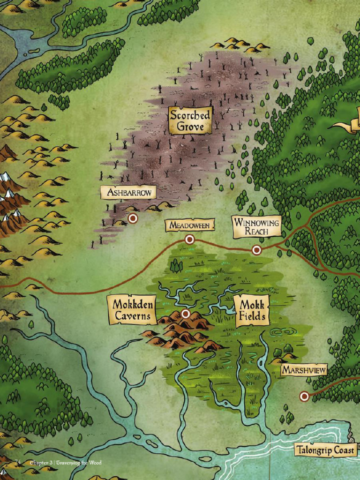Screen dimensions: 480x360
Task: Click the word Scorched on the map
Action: (190, 114)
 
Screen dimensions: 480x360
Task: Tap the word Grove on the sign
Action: (190, 127)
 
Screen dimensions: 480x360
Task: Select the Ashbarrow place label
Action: (128, 192)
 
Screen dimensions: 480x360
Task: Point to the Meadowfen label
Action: (189, 225)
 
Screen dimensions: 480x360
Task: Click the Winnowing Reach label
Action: (257, 226)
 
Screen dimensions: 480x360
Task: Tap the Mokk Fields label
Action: (252, 310)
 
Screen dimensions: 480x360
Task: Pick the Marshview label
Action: (304, 370)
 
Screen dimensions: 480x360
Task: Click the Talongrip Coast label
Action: (325, 450)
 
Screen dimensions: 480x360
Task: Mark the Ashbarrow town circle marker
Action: (133, 218)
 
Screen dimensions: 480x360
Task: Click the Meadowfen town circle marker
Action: (189, 240)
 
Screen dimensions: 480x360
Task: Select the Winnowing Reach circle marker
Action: (256, 250)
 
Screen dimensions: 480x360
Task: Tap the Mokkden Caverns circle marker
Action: (186, 313)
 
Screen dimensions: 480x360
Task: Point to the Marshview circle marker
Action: (304, 397)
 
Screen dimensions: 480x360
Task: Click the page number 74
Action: (19, 463)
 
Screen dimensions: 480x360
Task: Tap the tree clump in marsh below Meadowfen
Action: (176, 266)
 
